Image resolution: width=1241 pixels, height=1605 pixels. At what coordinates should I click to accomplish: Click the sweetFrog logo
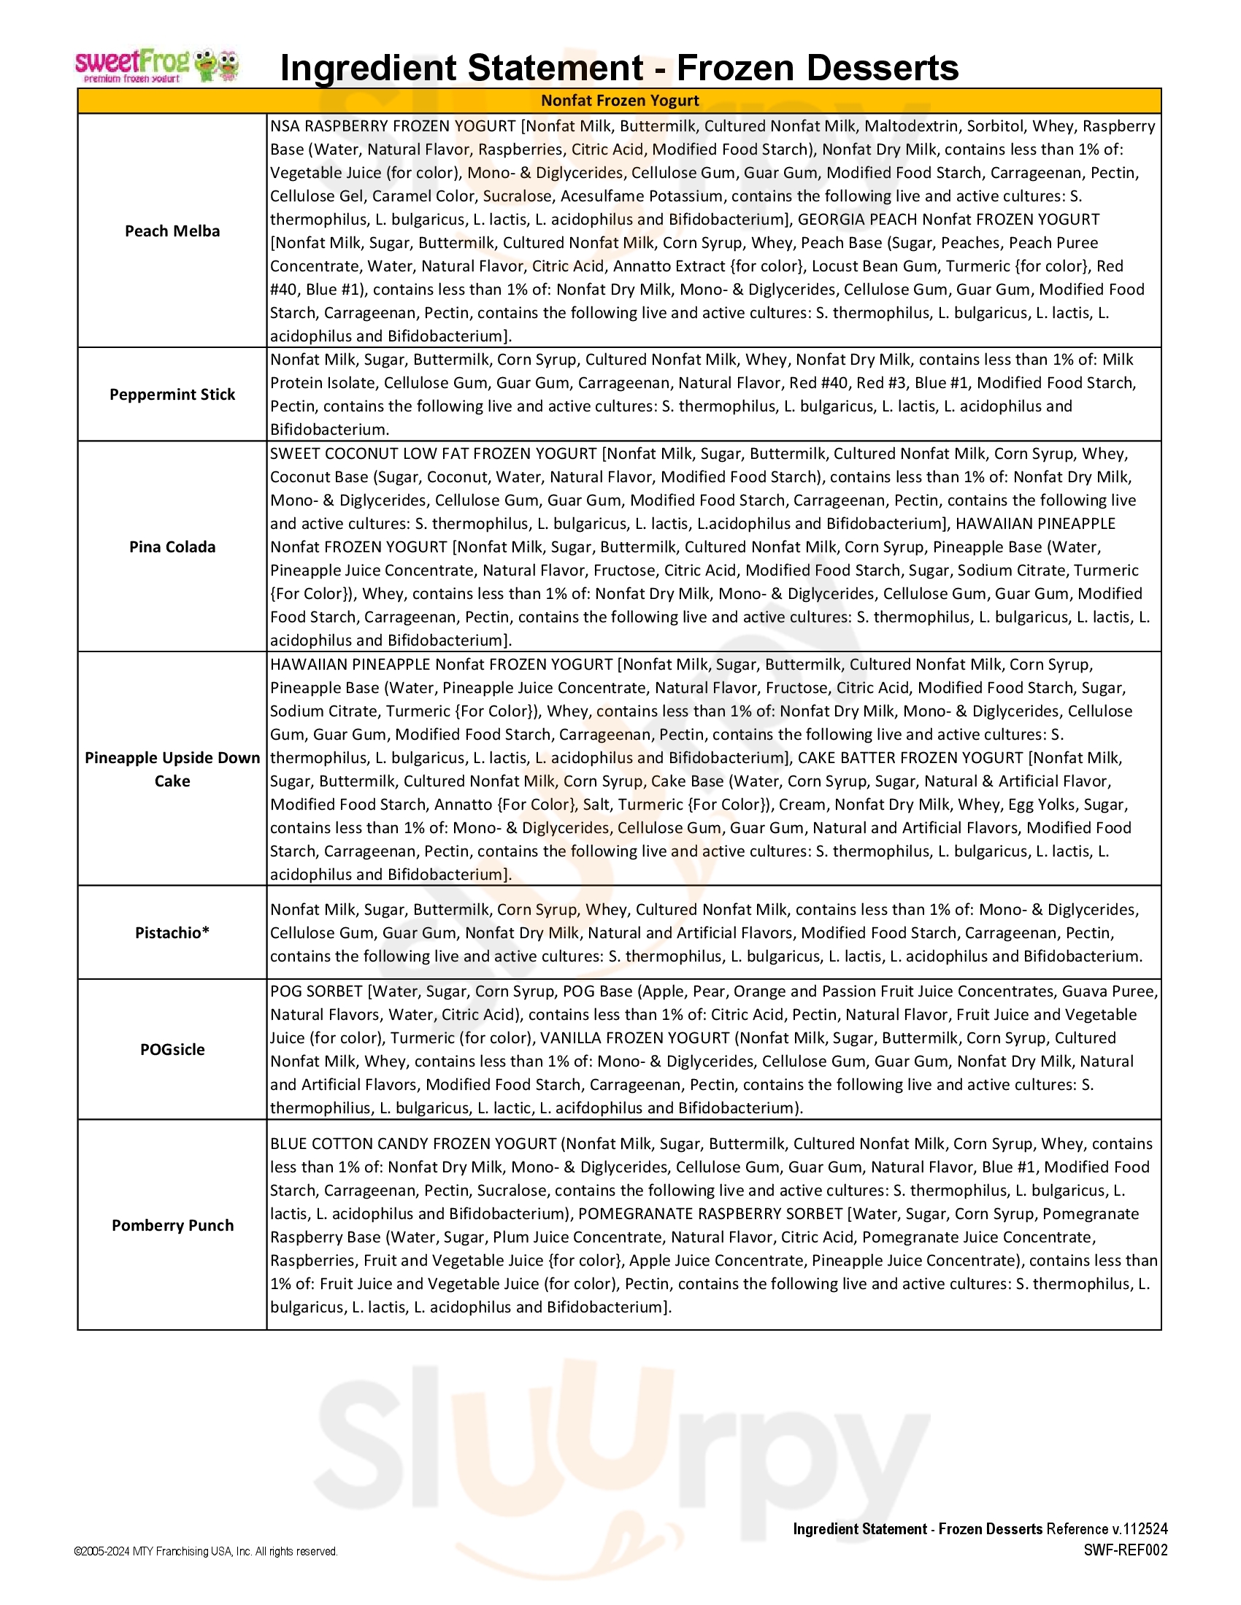click(157, 66)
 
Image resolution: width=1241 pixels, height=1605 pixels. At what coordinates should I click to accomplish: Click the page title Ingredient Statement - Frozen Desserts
click(619, 68)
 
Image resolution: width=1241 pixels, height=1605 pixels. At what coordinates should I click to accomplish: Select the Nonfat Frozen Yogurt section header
click(620, 101)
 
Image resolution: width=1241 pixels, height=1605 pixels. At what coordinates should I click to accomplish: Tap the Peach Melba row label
click(172, 231)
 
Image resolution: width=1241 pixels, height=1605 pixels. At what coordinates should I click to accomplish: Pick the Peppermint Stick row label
click(172, 395)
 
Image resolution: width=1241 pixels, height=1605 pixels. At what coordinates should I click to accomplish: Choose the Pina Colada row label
click(172, 546)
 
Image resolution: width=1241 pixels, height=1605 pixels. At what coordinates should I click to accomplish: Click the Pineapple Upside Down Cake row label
click(172, 770)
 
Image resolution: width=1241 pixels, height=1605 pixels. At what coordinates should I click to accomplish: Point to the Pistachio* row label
click(172, 932)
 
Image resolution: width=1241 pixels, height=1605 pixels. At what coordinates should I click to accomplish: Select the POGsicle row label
click(172, 1049)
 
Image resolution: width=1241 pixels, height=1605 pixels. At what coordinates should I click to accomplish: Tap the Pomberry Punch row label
click(172, 1225)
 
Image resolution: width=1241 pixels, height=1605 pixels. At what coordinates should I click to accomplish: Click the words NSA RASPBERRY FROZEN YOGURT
click(393, 126)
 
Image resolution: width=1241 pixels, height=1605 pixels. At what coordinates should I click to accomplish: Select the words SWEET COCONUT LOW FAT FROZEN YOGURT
click(433, 454)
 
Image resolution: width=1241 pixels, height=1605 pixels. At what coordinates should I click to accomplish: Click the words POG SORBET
click(316, 991)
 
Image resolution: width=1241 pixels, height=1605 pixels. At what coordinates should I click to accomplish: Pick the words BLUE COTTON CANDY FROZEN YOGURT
click(413, 1143)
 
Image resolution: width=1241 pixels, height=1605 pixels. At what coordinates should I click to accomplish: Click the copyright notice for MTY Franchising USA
click(206, 1551)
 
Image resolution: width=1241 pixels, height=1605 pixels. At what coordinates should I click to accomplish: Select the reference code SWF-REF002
click(1125, 1550)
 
